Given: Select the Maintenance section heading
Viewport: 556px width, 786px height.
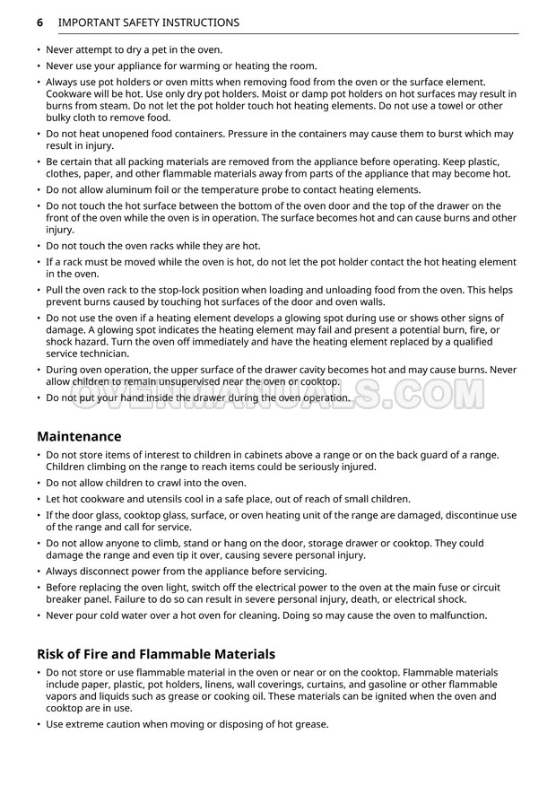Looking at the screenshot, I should [79, 436].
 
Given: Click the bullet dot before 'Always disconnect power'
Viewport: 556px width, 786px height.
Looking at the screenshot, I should [39, 572].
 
